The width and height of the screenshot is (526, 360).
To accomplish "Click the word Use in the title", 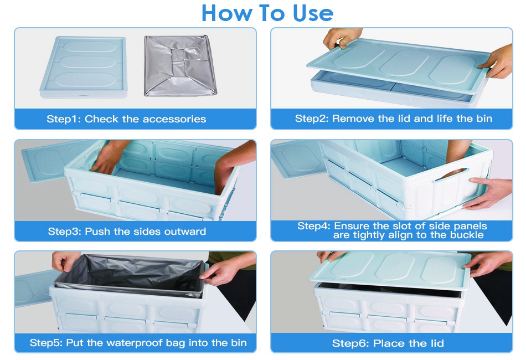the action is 313,13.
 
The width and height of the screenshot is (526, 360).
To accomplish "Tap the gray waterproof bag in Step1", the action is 180,66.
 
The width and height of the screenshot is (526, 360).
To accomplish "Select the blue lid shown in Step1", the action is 84,67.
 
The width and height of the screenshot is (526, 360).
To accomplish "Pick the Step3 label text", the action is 64,232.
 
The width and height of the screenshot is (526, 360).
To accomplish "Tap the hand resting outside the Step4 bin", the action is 488,192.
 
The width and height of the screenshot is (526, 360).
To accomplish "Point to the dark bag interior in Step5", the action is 131,274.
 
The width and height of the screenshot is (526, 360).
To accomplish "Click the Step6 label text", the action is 348,343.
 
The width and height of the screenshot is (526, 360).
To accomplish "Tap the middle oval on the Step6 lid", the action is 395,266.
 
